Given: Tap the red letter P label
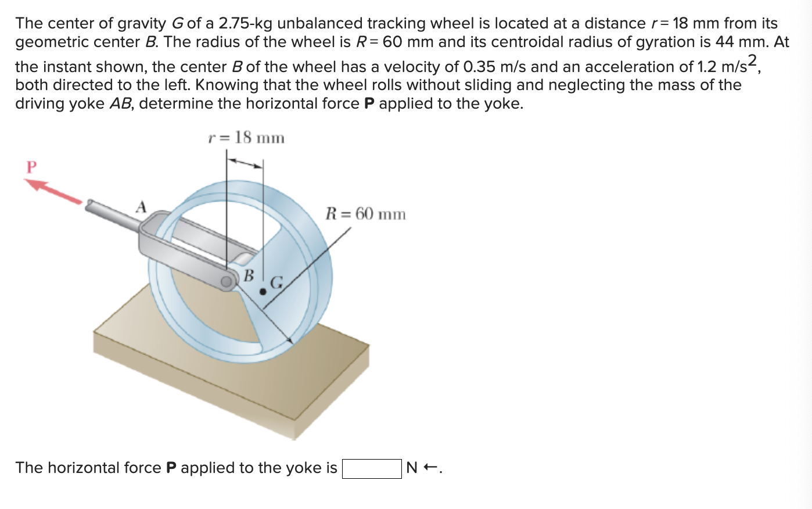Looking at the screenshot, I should pyautogui.click(x=31, y=167).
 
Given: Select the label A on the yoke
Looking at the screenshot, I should pyautogui.click(x=141, y=207).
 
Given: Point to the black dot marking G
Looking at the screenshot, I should pyautogui.click(x=263, y=292).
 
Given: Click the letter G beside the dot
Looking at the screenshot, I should pyautogui.click(x=276, y=284).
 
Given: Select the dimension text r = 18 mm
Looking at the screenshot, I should pyautogui.click(x=246, y=138).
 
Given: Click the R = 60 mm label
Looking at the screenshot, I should pyautogui.click(x=365, y=214).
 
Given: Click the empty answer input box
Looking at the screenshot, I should pyautogui.click(x=371, y=468).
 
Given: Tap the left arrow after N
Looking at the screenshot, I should pyautogui.click(x=430, y=468).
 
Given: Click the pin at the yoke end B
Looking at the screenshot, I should pyautogui.click(x=226, y=282).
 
